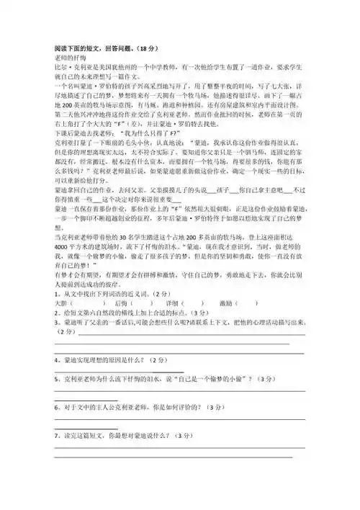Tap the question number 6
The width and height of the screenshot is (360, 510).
tap(56, 407)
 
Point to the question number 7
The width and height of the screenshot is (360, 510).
tap(56, 436)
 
